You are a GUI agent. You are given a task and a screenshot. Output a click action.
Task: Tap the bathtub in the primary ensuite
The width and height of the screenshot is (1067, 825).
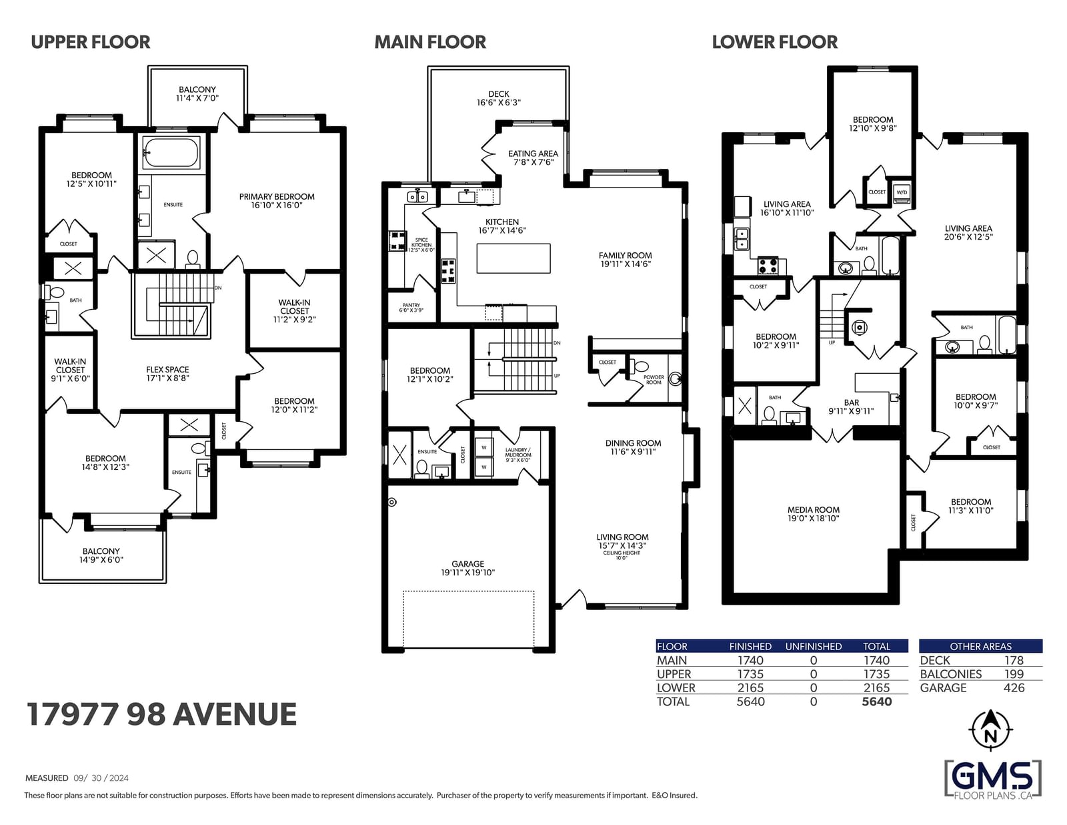click(170, 152)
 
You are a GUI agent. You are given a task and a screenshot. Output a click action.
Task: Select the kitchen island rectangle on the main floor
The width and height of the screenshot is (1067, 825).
click(513, 258)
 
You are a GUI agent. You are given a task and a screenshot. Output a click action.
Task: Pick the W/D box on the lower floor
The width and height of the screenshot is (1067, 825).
click(902, 192)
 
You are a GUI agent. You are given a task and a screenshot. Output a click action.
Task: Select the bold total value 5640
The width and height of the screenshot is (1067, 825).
click(876, 702)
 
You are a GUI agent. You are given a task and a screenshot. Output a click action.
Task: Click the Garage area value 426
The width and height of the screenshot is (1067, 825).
click(1014, 688)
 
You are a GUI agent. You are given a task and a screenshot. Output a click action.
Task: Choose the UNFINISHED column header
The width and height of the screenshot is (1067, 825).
click(813, 647)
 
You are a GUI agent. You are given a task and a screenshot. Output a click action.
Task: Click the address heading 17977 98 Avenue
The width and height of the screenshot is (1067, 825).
click(161, 714)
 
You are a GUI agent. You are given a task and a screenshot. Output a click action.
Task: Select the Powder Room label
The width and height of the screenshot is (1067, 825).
click(654, 380)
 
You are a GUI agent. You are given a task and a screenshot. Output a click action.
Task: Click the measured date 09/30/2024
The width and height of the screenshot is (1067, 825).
click(101, 778)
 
